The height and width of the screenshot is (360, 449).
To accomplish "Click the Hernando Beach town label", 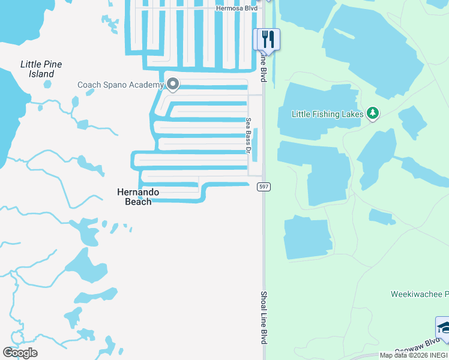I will [x=138, y=197].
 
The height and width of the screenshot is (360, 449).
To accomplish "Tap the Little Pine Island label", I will [x=41, y=69].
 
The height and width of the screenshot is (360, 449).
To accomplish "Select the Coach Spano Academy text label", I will [x=120, y=85].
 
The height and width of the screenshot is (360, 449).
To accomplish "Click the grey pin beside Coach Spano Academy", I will [x=173, y=85].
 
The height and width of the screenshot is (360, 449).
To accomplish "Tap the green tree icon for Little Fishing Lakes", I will [x=373, y=113].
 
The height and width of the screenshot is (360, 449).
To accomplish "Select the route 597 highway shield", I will [x=264, y=187].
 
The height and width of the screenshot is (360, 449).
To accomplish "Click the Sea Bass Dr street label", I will [x=248, y=135].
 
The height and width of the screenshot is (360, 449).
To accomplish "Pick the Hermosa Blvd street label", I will [x=236, y=8].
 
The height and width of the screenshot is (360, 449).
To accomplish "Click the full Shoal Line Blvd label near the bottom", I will [x=264, y=317].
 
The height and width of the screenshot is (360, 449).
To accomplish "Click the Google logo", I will [x=20, y=353].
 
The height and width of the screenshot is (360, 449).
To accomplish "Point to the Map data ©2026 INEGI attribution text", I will [x=414, y=355].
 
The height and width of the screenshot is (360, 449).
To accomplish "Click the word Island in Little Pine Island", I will [x=41, y=74].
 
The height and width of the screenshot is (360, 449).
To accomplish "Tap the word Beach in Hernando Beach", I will [x=138, y=202].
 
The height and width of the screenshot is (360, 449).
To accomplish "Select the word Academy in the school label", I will [x=146, y=85].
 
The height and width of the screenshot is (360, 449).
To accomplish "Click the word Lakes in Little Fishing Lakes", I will [x=352, y=113].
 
